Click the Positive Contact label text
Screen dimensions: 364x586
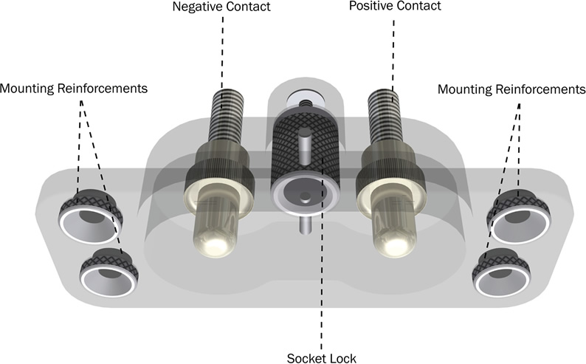(395, 7)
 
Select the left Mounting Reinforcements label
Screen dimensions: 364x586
(74, 89)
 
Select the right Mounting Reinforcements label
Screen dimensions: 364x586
(511, 89)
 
